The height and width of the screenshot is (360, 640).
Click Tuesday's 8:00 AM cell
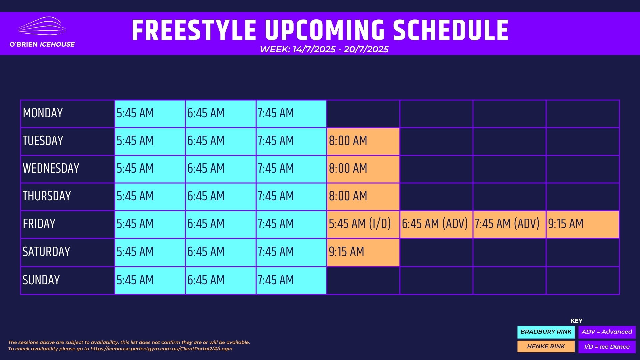pyautogui.click(x=363, y=141)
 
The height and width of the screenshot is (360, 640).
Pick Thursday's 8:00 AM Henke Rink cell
pyautogui.click(x=363, y=197)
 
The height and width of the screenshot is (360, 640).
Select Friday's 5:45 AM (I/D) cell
pyautogui.click(x=363, y=224)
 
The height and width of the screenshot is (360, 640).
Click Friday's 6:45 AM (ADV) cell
pyautogui.click(x=436, y=224)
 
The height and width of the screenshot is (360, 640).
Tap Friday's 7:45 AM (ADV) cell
pyautogui.click(x=509, y=224)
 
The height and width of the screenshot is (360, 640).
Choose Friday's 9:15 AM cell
pyautogui.click(x=583, y=224)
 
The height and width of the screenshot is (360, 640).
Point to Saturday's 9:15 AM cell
pyautogui.click(x=363, y=252)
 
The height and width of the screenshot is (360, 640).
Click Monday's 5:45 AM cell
pyautogui.click(x=150, y=114)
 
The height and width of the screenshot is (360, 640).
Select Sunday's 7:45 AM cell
pyautogui.click(x=291, y=280)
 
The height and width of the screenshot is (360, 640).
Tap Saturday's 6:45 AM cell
pyautogui.click(x=221, y=252)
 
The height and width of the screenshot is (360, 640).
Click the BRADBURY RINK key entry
pyautogui.click(x=546, y=332)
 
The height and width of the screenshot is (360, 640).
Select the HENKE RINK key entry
pyautogui.click(x=546, y=347)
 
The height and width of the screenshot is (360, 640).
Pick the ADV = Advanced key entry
pyautogui.click(x=607, y=332)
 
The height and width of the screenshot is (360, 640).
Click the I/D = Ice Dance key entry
pyautogui.click(x=607, y=347)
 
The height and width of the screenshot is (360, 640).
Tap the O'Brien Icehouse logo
pyautogui.click(x=42, y=32)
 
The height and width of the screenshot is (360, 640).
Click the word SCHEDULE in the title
pyautogui.click(x=451, y=30)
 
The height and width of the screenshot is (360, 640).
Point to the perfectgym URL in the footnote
pyautogui.click(x=161, y=349)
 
